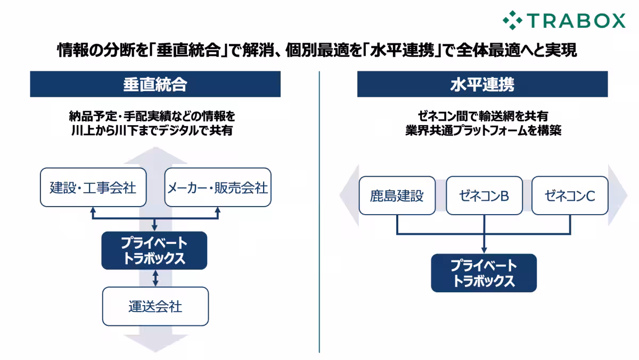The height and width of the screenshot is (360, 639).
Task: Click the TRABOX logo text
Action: pyautogui.click(x=577, y=20)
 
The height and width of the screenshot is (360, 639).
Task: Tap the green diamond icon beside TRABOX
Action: pyautogui.click(x=512, y=20)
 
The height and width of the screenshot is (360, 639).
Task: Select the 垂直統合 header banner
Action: pyautogui.click(x=155, y=84)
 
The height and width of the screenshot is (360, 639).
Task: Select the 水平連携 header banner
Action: pyautogui.click(x=482, y=84)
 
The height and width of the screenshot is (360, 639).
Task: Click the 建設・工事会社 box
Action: pyautogui.click(x=93, y=187)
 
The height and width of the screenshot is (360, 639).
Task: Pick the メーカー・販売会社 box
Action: pyautogui.click(x=218, y=187)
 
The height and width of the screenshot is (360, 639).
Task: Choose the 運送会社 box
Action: pyautogui.click(x=155, y=306)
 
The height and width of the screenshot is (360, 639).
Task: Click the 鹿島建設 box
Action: pyautogui.click(x=397, y=195)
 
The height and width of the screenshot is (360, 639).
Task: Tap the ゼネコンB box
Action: pyautogui.click(x=484, y=195)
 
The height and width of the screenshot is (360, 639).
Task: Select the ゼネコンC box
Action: pyautogui.click(x=570, y=195)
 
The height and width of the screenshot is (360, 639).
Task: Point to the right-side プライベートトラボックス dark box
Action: pyautogui.click(x=484, y=273)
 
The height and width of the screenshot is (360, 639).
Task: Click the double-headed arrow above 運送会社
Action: pyautogui.click(x=155, y=278)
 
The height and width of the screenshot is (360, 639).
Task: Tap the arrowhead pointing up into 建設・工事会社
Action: pyautogui.click(x=93, y=210)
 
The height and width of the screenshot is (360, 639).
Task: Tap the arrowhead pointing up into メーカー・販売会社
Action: pyautogui.click(x=218, y=210)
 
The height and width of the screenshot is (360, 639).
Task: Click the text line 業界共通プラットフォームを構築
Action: pyautogui.click(x=482, y=130)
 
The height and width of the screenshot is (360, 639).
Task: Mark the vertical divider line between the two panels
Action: pyautogui.click(x=319, y=213)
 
